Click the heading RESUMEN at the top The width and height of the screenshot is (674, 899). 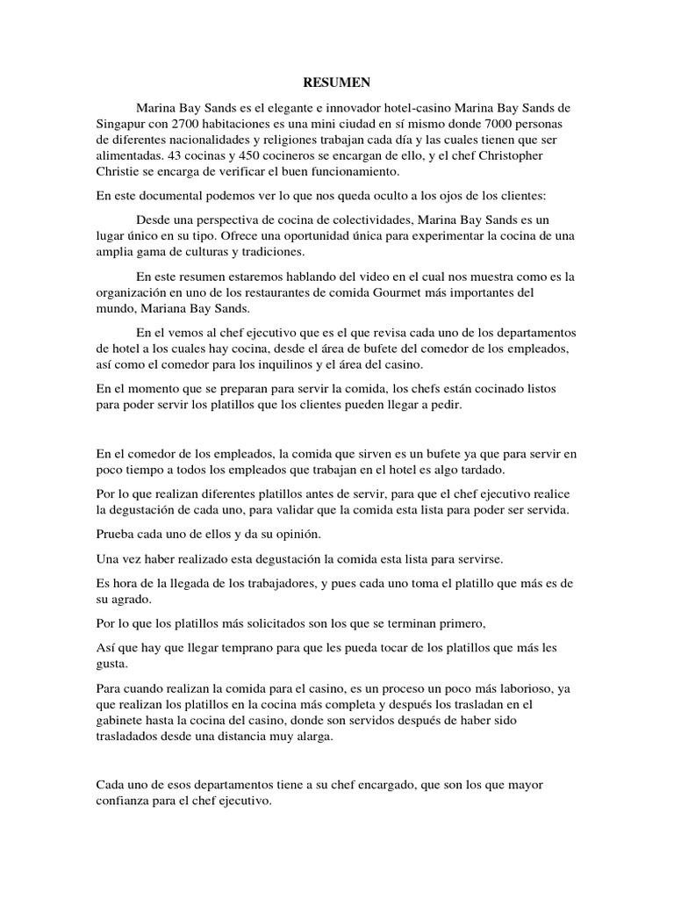point(337,83)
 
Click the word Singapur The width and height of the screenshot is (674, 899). point(119,124)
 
